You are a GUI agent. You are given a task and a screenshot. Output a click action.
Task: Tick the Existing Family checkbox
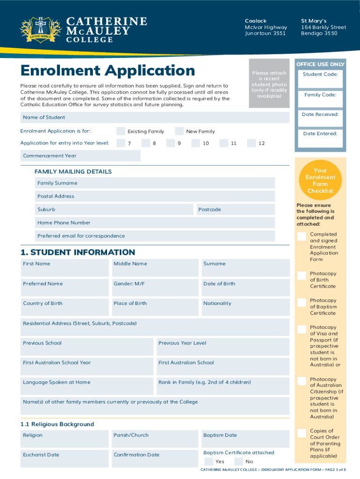tap(121, 131)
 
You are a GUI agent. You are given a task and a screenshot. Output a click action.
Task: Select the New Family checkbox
tap(179, 131)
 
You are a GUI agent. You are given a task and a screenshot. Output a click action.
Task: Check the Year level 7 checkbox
tap(121, 143)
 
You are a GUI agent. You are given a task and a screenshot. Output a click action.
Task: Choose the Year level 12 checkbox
tap(252, 143)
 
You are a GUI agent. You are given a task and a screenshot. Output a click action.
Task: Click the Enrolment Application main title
tap(108, 71)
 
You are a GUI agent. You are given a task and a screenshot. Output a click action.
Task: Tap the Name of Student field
tap(154, 117)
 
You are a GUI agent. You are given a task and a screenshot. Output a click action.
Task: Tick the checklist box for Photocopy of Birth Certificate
tap(302, 276)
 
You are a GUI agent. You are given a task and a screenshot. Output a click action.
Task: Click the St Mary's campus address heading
tap(314, 21)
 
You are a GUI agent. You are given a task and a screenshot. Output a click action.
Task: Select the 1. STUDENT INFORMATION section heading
tap(78, 252)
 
